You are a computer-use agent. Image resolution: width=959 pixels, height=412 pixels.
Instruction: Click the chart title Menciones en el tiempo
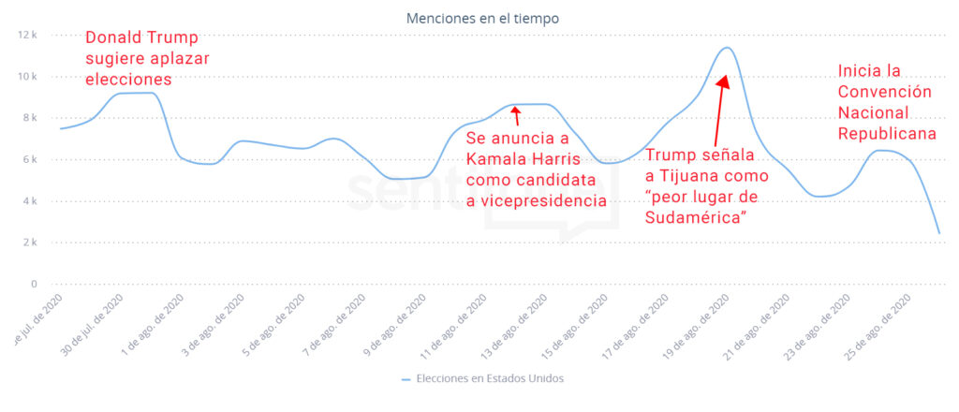482,18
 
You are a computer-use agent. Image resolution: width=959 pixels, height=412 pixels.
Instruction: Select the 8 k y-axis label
29,118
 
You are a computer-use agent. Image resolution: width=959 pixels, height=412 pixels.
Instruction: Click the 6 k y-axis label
29,159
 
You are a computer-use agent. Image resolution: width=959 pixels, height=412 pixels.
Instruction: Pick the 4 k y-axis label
29,200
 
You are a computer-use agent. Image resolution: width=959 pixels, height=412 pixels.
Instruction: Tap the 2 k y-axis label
29,243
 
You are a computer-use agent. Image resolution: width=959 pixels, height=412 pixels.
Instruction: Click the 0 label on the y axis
33,284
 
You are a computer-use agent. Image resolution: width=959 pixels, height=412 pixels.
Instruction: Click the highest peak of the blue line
726,48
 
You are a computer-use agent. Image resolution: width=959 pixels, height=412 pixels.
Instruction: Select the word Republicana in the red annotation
886,133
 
